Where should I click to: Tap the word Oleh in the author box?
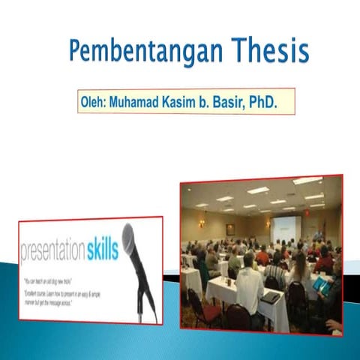tap(92, 101)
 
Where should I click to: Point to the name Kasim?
tap(190, 101)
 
